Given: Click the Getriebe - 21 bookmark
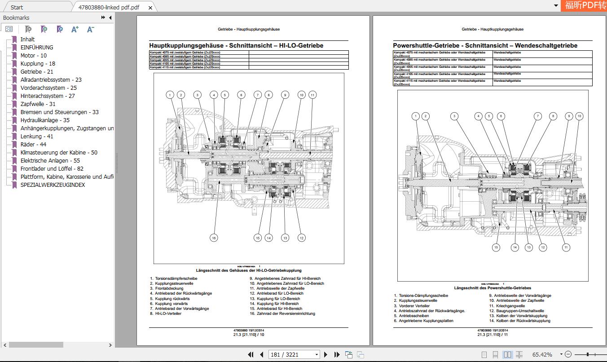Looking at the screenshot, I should (36, 71).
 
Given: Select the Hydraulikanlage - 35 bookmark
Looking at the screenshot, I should (45, 120).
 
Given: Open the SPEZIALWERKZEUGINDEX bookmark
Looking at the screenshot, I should (52, 185).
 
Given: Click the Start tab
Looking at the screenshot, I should (17, 7).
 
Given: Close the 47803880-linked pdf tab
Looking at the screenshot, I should (150, 8).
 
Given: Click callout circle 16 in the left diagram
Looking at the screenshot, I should (214, 238).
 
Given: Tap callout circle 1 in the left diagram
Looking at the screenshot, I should (170, 95).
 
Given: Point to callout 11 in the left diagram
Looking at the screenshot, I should (312, 95).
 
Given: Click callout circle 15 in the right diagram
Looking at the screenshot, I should (496, 247).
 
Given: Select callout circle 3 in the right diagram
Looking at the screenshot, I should (454, 116).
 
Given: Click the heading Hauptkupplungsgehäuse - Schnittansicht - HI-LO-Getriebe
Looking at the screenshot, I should (236, 45).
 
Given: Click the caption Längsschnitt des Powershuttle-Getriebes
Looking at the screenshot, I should (492, 288).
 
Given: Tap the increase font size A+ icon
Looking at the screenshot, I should (75, 29).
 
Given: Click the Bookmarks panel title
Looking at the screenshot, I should (16, 18).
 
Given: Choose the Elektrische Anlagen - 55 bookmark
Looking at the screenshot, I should (50, 160).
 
